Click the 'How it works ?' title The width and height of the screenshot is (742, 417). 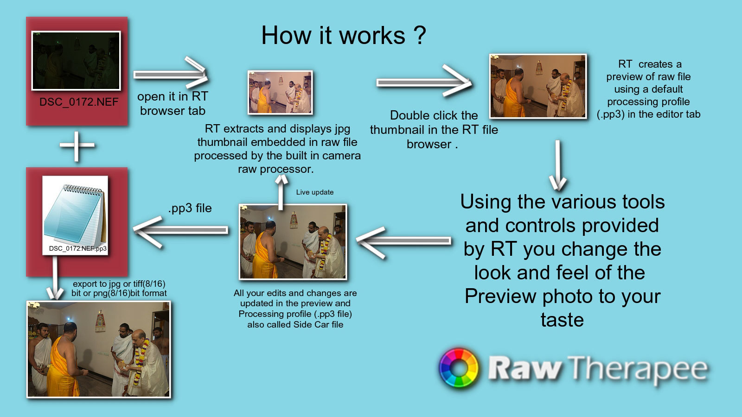[x=344, y=35]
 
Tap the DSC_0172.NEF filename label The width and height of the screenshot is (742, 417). [x=79, y=102]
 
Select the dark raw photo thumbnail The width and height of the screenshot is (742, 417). [x=76, y=61]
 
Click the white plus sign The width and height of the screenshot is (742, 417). [x=77, y=145]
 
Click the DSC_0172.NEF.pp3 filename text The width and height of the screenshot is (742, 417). [x=77, y=248]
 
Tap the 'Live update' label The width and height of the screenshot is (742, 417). [x=315, y=192]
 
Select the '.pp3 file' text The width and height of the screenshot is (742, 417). [x=190, y=208]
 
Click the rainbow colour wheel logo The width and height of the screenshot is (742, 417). [x=459, y=367]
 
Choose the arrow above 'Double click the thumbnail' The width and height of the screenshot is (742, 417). [x=424, y=81]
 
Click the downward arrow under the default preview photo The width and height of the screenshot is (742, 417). [x=558, y=165]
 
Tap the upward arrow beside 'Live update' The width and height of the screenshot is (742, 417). [x=281, y=192]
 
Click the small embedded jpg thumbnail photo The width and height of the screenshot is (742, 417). [x=280, y=92]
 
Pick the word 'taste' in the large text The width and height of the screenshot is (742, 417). [x=562, y=320]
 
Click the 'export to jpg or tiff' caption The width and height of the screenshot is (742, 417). [x=119, y=288]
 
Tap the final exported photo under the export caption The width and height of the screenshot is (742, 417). [x=99, y=349]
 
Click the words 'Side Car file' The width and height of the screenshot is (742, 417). [x=318, y=324]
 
